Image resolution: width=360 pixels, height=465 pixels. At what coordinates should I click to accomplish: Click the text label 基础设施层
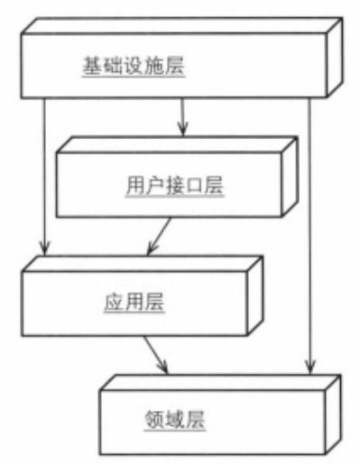[132, 66]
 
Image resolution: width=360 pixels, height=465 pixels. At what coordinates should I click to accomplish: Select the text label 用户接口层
[172, 187]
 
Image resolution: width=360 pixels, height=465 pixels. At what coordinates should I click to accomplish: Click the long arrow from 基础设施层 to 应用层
[43, 172]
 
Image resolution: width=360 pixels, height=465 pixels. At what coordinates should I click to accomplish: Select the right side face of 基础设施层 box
[335, 60]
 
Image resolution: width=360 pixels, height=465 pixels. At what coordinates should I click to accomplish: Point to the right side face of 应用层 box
[255, 293]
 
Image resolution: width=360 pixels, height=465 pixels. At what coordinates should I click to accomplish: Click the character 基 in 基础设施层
[90, 66]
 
